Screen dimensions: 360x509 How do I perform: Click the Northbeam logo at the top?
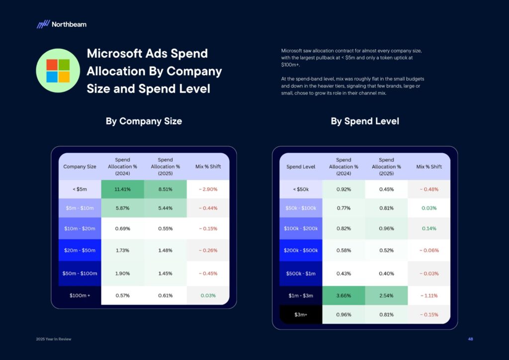61,24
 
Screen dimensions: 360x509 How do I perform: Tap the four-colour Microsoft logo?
58,71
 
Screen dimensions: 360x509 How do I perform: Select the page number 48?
470,339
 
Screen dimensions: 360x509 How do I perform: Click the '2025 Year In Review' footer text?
54,339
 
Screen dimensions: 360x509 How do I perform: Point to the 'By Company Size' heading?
144,121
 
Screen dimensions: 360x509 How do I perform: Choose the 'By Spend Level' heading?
365,121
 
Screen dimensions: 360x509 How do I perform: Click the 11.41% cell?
122,189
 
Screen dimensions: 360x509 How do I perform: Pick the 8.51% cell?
165,189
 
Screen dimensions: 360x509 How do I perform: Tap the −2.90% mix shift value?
208,189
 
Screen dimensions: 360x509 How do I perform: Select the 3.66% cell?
343,295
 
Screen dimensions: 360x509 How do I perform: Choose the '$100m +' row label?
80,295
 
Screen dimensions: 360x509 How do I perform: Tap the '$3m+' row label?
301,314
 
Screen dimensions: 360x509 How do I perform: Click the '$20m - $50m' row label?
80,250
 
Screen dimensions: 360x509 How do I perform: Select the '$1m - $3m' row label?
301,295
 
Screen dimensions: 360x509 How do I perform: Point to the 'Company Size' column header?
80,167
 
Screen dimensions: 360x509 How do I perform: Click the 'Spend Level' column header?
301,167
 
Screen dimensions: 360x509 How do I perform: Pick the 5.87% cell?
122,208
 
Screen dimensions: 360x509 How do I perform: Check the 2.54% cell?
386,295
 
